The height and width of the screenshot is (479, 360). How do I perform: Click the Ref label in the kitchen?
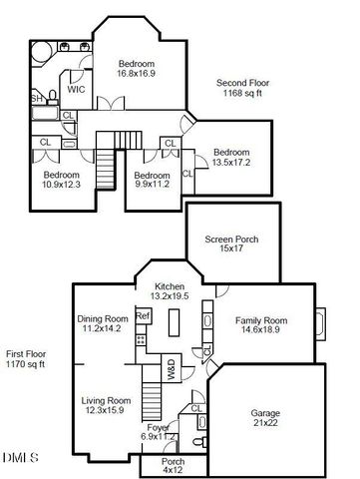pyautogui.click(x=143, y=316)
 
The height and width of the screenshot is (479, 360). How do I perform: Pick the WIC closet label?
pyautogui.click(x=76, y=89)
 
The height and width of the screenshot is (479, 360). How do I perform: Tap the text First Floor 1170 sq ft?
pyautogui.click(x=26, y=358)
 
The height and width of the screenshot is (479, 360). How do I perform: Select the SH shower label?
pyautogui.click(x=36, y=98)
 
